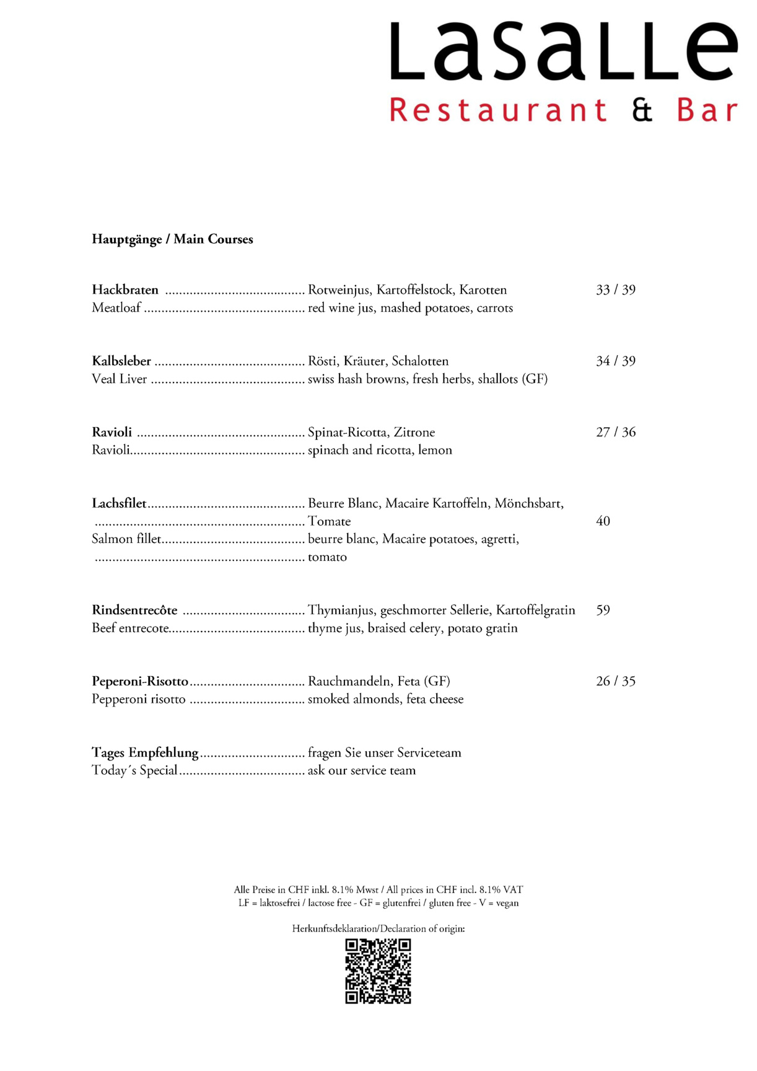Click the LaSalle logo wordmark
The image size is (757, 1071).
[563, 51]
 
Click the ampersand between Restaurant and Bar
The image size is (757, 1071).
[642, 110]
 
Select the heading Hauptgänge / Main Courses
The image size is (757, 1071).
[172, 239]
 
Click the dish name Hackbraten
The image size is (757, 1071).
[125, 290]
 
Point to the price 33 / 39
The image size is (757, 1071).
[615, 290]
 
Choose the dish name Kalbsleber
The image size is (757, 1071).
[121, 361]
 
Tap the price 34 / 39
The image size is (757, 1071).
[615, 361]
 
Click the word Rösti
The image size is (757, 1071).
[322, 361]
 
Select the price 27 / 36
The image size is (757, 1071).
[615, 433]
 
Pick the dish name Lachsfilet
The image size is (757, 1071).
[119, 503]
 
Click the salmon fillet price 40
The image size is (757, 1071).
[603, 521]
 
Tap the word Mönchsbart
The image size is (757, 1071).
[528, 503]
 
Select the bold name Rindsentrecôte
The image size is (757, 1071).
[134, 610]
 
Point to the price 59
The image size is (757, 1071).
[603, 610]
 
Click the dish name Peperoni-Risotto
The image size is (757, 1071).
[140, 682]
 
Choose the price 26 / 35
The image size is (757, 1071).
[615, 682]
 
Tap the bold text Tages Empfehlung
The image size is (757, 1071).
[145, 753]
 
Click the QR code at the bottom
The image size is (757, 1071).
[378, 971]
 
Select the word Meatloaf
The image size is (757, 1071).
[116, 308]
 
